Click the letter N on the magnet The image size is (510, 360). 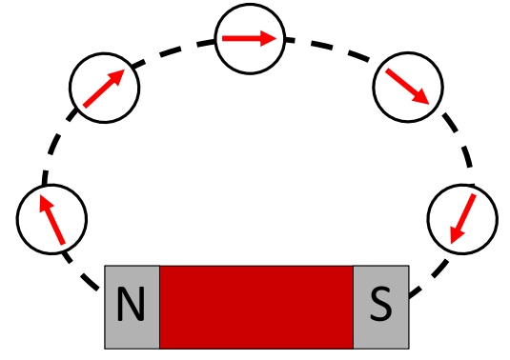coord(131,306)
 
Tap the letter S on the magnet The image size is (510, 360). coord(380,306)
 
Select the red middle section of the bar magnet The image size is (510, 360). coord(255,306)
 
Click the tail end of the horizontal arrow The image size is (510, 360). coord(222,39)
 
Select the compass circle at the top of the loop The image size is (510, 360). coord(250,39)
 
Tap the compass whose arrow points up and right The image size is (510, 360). coord(104,88)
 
